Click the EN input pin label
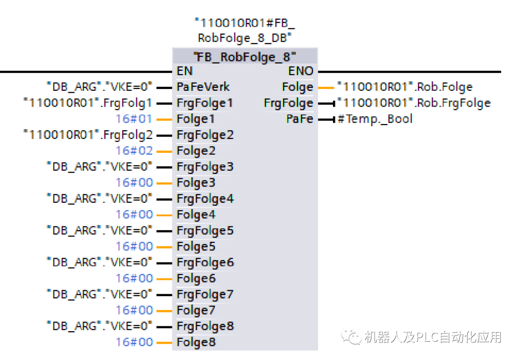[x=185, y=71]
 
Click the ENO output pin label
[x=300, y=71]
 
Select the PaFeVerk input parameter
[x=203, y=87]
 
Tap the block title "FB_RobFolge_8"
[x=245, y=57]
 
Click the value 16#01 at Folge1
[x=134, y=119]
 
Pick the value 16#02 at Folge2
[x=134, y=151]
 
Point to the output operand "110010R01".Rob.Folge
[x=405, y=87]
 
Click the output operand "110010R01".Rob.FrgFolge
[x=414, y=103]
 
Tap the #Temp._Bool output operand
[x=375, y=119]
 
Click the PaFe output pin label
[x=299, y=119]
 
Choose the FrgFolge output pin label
[x=288, y=103]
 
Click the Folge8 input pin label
[x=196, y=342]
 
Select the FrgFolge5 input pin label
[x=205, y=231]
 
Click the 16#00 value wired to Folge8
[x=134, y=342]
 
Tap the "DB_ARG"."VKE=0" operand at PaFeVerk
[x=99, y=87]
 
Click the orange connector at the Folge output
[x=325, y=87]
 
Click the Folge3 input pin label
[x=196, y=183]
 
